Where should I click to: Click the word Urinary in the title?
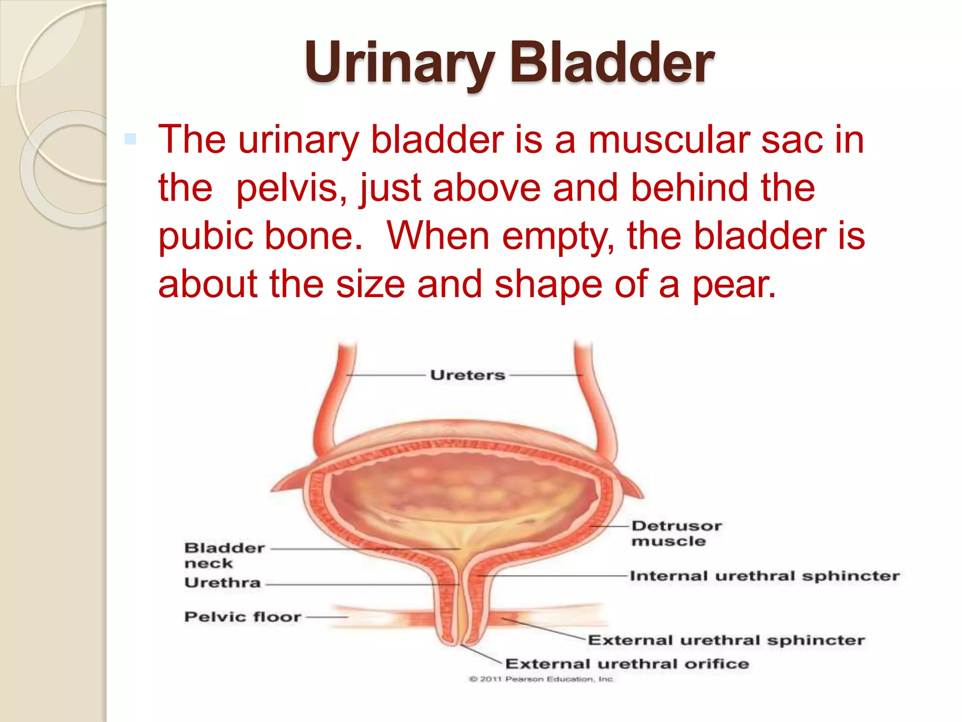398,63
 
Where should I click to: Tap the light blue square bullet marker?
130,139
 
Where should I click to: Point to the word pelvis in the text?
291,188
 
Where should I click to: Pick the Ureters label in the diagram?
468,375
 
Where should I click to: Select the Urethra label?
222,583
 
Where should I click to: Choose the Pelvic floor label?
242,617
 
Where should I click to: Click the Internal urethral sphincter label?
764,576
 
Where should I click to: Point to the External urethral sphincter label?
726,640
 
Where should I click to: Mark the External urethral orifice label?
627,664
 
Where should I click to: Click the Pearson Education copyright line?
541,679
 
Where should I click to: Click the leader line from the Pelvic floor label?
327,617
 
